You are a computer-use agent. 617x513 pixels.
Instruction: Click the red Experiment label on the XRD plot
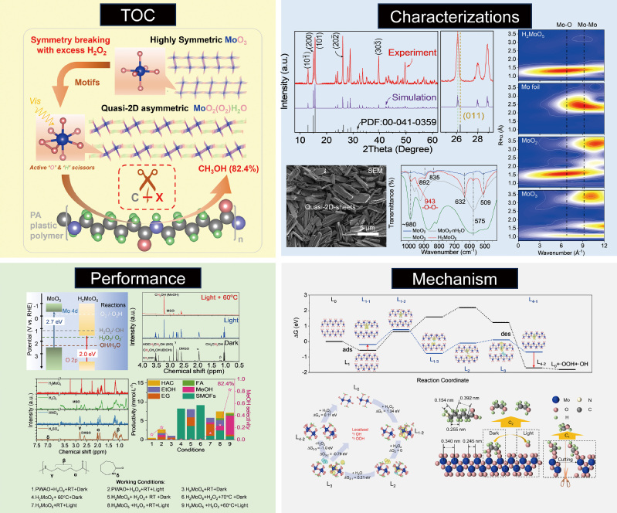[412, 56]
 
